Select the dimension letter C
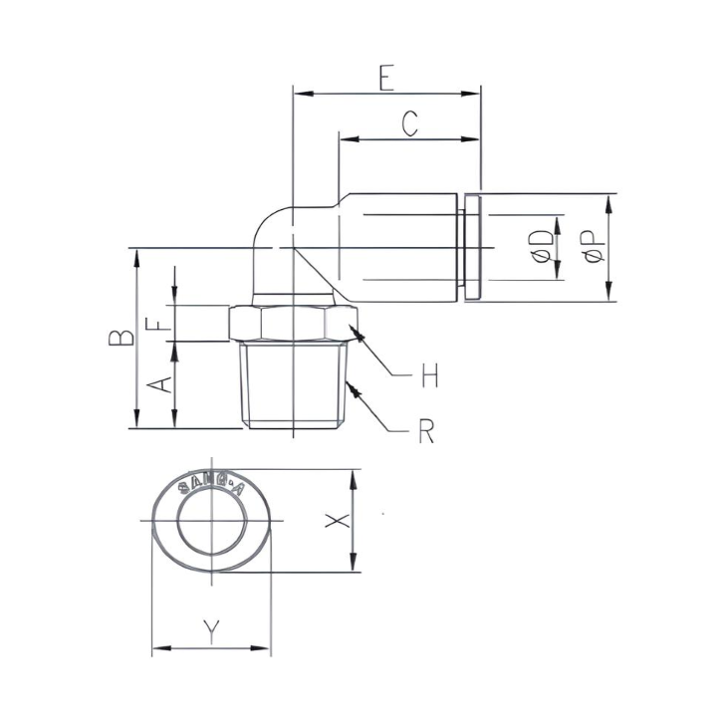pyautogui.click(x=409, y=123)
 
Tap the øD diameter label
pyautogui.click(x=541, y=247)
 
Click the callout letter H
pyautogui.click(x=429, y=375)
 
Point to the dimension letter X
pyautogui.click(x=339, y=521)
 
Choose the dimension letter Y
pyautogui.click(x=210, y=629)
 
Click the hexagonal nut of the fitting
pyautogui.click(x=293, y=324)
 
